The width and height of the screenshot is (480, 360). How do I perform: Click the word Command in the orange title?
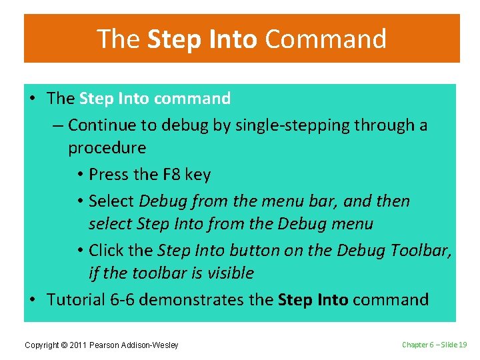pyautogui.click(x=325, y=39)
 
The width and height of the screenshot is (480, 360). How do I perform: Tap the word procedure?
pyautogui.click(x=107, y=148)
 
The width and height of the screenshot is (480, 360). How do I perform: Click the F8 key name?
pyautogui.click(x=171, y=175)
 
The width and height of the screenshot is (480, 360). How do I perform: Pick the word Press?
pyautogui.click(x=109, y=175)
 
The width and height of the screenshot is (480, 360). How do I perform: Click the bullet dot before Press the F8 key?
pyautogui.click(x=79, y=175)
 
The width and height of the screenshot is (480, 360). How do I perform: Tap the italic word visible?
pyautogui.click(x=229, y=273)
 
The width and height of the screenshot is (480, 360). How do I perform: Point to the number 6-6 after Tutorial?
pyautogui.click(x=124, y=300)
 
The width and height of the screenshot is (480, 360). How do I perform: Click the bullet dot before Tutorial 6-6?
pyautogui.click(x=32, y=300)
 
